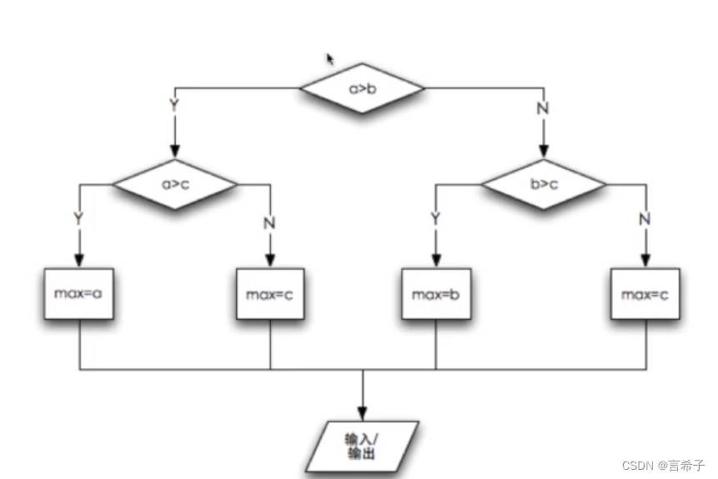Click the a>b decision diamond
click(362, 87)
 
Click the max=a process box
click(79, 294)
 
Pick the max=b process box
click(434, 294)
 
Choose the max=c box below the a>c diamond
click(269, 294)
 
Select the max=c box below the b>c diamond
click(645, 294)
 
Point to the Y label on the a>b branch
click(174, 107)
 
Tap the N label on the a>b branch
click(544, 107)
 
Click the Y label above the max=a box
click(78, 220)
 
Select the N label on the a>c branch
click(269, 222)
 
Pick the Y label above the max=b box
click(434, 218)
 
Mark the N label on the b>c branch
click(645, 220)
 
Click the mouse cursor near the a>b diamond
click(330, 59)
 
